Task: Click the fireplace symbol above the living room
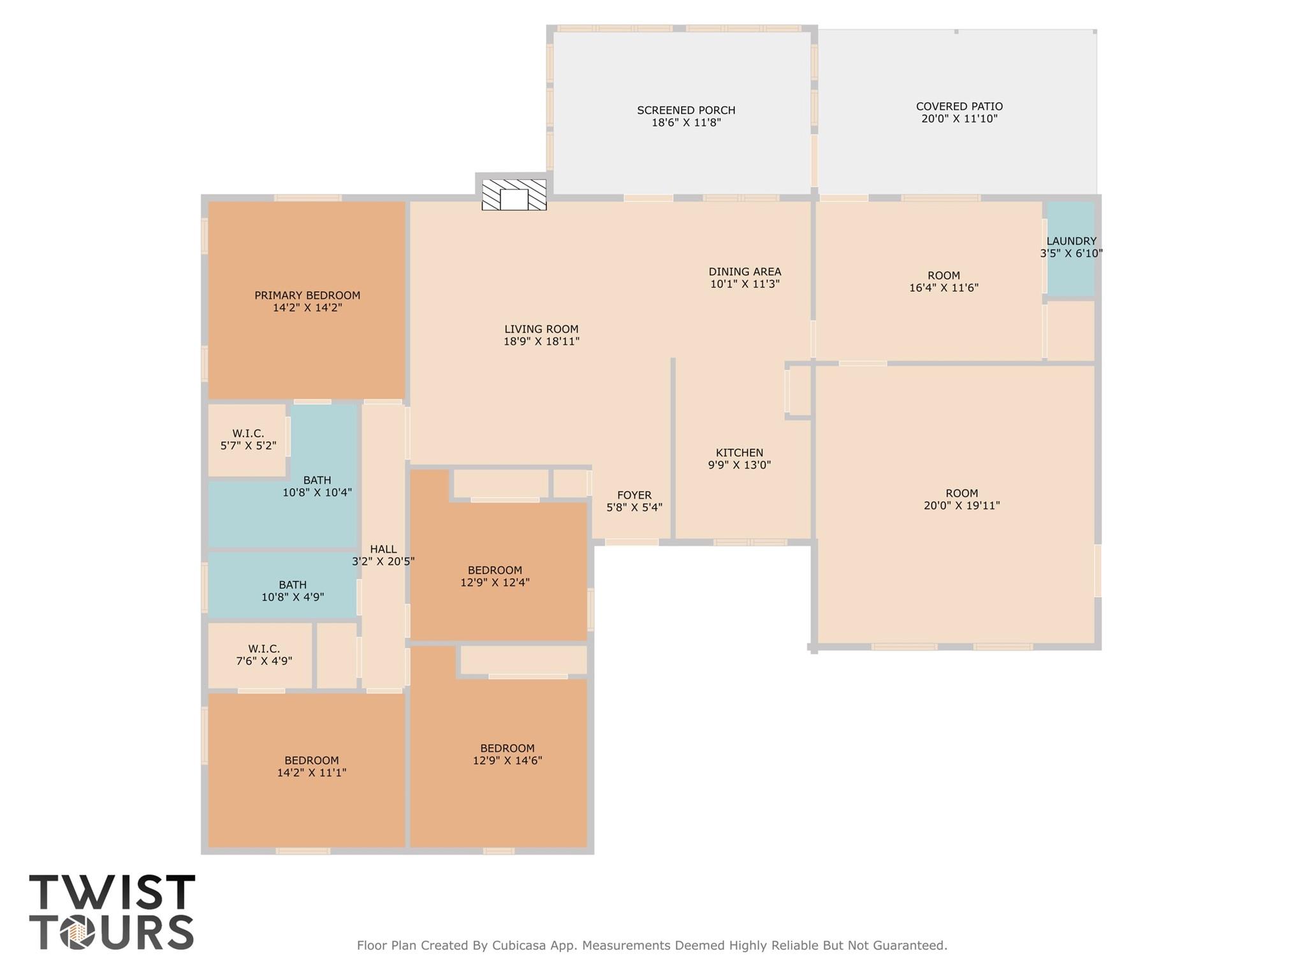click(x=514, y=195)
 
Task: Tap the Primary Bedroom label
click(x=307, y=295)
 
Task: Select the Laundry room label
click(x=1071, y=241)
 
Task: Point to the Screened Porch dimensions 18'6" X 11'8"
click(x=686, y=122)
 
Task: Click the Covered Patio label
click(x=959, y=107)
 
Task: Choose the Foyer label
click(x=634, y=495)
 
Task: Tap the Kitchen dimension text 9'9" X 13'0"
click(x=739, y=465)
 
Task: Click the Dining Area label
click(x=745, y=272)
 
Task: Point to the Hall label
click(x=383, y=549)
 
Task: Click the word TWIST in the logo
click(x=112, y=892)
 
